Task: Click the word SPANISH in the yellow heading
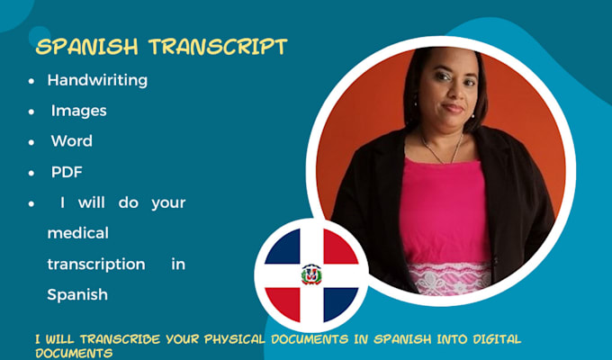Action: [86, 47]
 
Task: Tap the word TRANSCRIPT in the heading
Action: [218, 47]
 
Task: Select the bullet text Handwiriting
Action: [97, 80]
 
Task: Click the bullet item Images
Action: [79, 111]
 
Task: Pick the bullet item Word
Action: [72, 141]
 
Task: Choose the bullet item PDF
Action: [67, 172]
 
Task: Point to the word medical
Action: [78, 233]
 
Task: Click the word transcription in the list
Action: [96, 265]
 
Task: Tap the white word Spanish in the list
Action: [77, 294]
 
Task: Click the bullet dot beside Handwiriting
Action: [31, 81]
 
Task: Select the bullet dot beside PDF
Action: [31, 173]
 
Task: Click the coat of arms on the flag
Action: [311, 274]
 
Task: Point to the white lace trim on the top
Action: [449, 278]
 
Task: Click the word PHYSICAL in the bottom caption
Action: [235, 339]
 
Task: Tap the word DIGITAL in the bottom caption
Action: [497, 339]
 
